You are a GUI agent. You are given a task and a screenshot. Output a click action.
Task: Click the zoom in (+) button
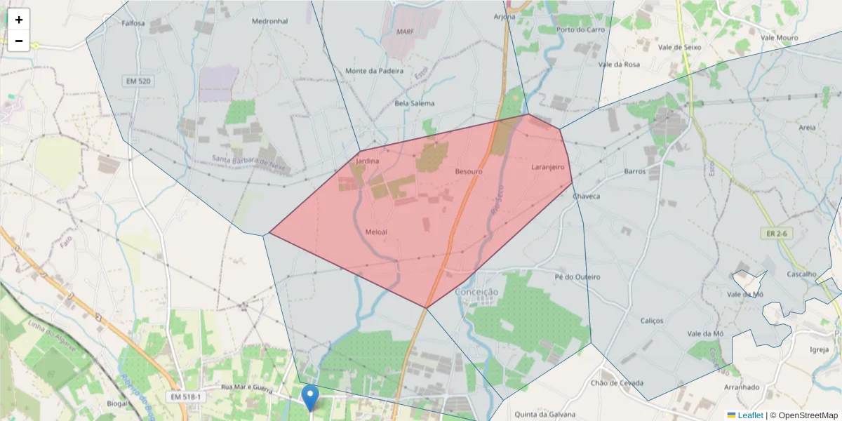click(x=19, y=20)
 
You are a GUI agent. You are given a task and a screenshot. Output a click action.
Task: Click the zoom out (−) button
click(x=19, y=41)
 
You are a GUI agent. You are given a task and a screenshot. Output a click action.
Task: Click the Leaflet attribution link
click(x=750, y=415)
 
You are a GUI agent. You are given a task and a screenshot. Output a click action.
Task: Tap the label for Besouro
click(x=469, y=171)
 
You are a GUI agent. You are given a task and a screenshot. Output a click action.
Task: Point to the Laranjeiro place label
click(x=548, y=167)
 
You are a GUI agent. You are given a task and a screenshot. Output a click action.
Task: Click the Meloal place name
click(x=377, y=232)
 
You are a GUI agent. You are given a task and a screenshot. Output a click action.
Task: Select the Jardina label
click(x=368, y=161)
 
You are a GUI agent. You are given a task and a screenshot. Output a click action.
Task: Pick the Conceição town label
click(x=476, y=292)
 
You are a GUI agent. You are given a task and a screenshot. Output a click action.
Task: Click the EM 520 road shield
click(x=139, y=81)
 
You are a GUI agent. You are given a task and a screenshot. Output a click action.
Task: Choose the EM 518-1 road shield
click(x=186, y=397)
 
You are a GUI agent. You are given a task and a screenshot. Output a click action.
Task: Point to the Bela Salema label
click(x=415, y=103)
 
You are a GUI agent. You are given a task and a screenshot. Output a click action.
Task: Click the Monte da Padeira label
click(x=375, y=71)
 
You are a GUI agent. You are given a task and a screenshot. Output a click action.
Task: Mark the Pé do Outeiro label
click(x=577, y=276)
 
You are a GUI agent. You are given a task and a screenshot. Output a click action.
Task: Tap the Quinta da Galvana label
click(x=545, y=414)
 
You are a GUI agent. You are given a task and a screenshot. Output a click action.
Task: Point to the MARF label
click(x=405, y=32)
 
